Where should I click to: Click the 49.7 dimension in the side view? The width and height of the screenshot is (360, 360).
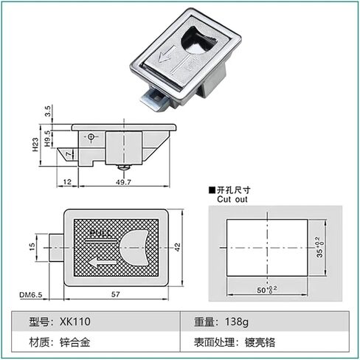pos(123,182)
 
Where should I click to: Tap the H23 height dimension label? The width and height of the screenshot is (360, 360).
pos(35,145)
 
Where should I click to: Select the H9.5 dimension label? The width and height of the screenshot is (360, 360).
pos(47,139)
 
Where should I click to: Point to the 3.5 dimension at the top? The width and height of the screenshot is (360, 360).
pos(48,111)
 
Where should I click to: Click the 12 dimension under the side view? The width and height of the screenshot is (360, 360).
pos(67,182)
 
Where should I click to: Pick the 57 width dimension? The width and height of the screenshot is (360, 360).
pos(116,294)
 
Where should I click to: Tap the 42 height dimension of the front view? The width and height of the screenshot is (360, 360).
pos(178,247)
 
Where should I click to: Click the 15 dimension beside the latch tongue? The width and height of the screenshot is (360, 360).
pos(32,246)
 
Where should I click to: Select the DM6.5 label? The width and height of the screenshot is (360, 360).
pos(31,294)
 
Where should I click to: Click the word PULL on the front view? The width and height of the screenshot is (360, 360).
pos(100,234)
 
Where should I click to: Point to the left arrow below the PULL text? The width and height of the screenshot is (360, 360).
pos(103,263)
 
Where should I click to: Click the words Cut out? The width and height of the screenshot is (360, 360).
pos(232,199)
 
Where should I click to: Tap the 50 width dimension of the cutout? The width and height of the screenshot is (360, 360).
pos(267,290)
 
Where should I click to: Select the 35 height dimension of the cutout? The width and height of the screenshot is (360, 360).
pos(320,247)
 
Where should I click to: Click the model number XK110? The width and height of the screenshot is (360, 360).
pos(75,322)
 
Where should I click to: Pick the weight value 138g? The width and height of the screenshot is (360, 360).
pos(237,322)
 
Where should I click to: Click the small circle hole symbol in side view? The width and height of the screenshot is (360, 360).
pos(91,136)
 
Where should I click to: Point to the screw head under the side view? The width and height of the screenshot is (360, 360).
pos(123,167)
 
